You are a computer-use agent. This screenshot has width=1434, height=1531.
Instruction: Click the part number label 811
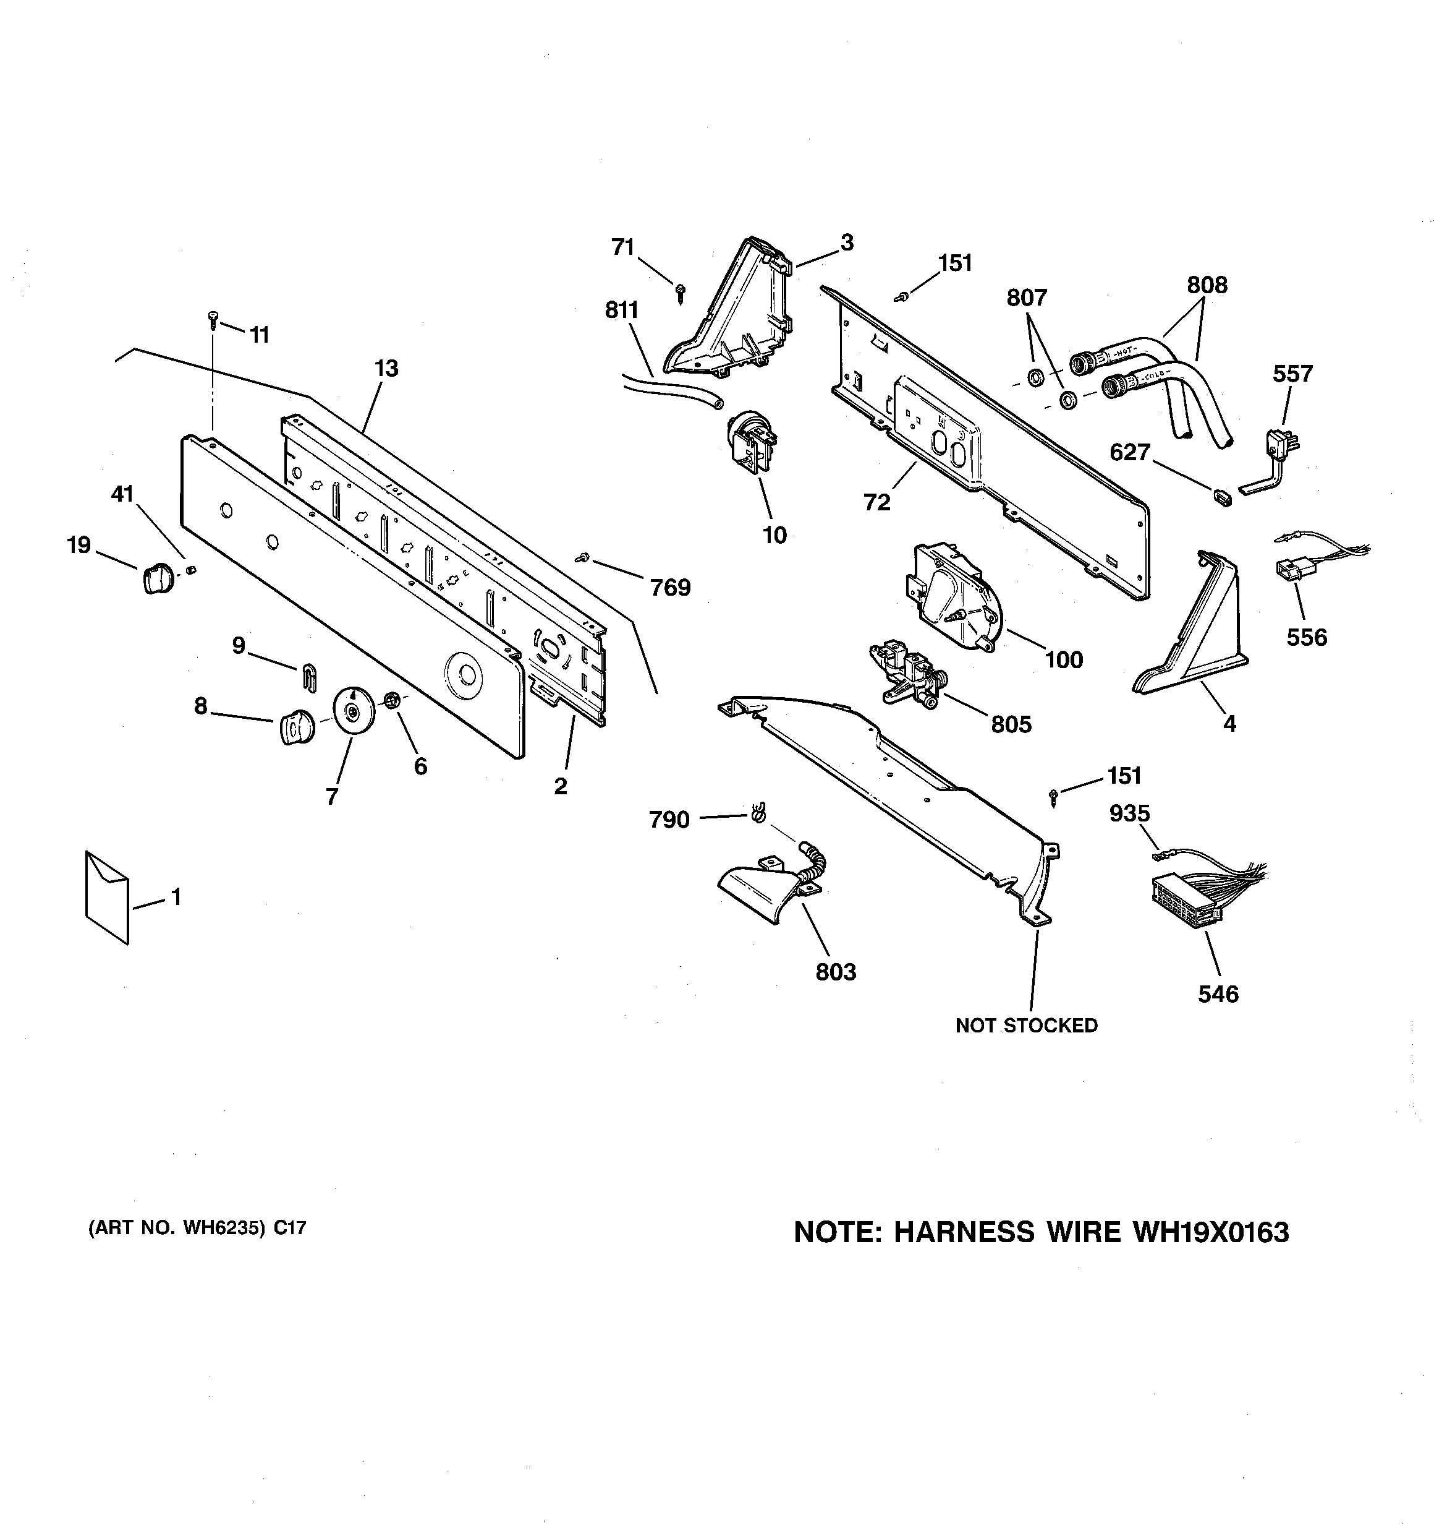pyautogui.click(x=621, y=311)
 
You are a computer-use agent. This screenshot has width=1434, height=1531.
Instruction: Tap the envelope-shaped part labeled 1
pyautogui.click(x=107, y=897)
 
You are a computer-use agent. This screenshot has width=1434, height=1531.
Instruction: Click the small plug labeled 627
pyautogui.click(x=1220, y=497)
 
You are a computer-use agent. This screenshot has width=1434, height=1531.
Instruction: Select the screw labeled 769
pyautogui.click(x=583, y=557)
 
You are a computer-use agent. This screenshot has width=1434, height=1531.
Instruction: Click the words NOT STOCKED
pyautogui.click(x=1026, y=1026)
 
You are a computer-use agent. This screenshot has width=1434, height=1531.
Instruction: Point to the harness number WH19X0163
pyautogui.click(x=1209, y=1233)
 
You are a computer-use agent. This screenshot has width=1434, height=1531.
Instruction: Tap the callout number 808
pyautogui.click(x=1206, y=286)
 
